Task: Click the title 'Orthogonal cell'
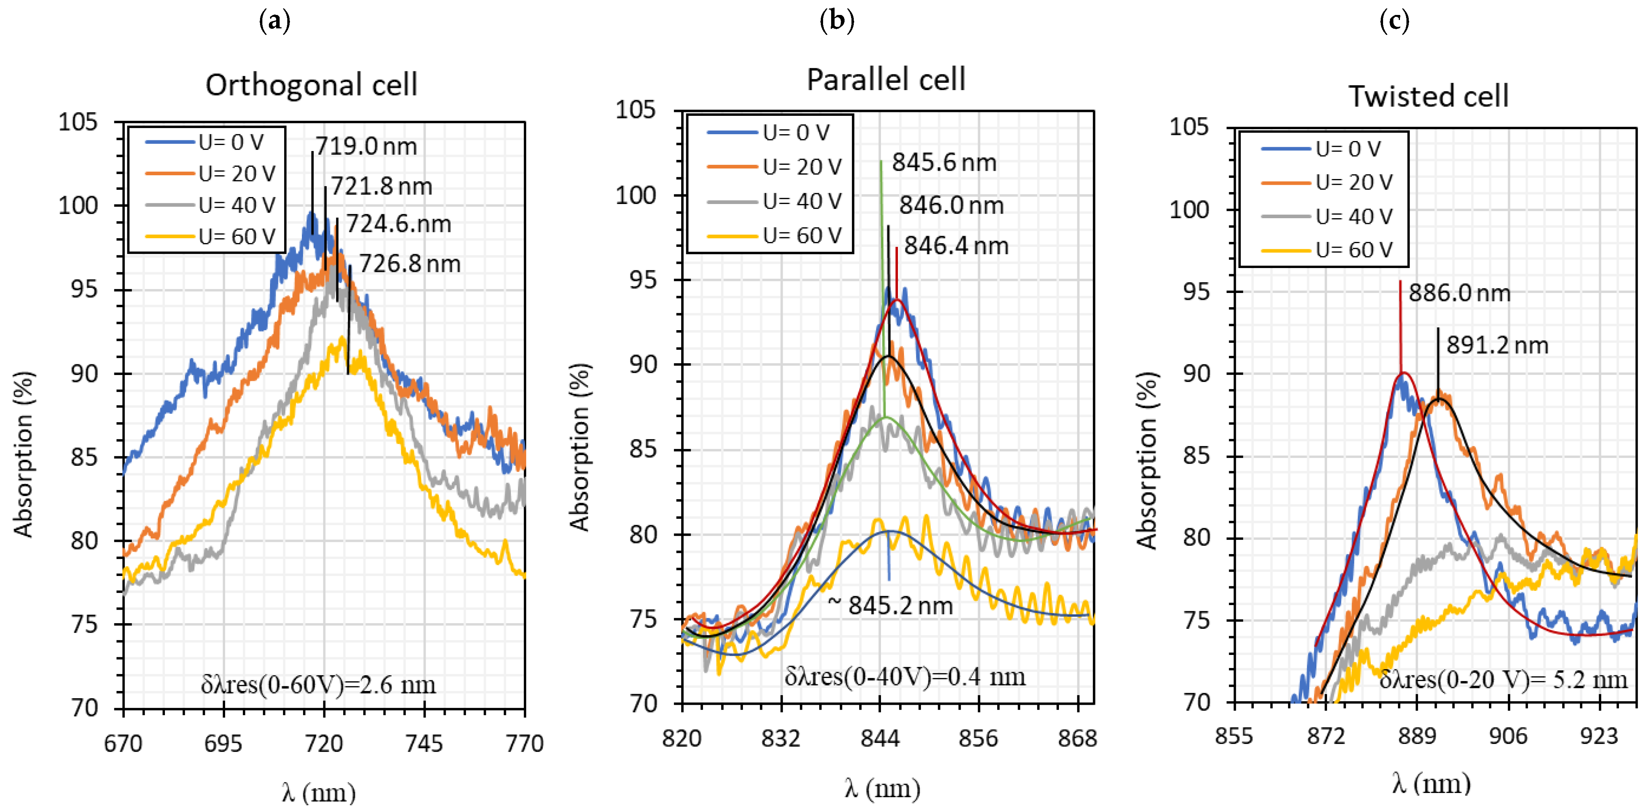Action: [311, 85]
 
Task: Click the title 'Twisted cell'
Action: [1428, 97]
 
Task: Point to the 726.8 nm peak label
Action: [409, 264]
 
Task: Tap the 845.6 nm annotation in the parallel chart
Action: [944, 163]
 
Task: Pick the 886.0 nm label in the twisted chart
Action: [1459, 293]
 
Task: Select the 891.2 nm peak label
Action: [1497, 346]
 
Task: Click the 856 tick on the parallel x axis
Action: [978, 739]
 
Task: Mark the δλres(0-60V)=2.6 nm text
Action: [318, 685]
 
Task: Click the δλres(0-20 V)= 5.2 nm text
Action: [1503, 680]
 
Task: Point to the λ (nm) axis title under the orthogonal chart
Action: [318, 793]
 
